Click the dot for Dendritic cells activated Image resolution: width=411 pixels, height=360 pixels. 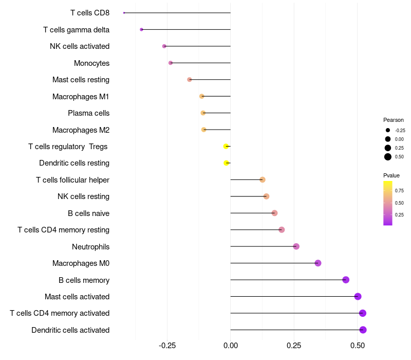click(x=363, y=330)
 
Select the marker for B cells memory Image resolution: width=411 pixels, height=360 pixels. click(x=346, y=280)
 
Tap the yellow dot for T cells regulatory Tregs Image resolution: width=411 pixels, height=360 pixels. click(x=226, y=147)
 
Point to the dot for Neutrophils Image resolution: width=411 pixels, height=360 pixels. click(x=296, y=247)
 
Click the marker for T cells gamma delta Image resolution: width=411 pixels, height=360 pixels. click(x=141, y=30)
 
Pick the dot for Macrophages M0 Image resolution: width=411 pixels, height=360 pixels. click(x=317, y=263)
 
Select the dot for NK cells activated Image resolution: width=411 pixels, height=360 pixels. click(x=164, y=46)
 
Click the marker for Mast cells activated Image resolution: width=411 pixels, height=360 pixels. click(x=358, y=297)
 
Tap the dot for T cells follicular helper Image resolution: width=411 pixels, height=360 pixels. click(x=263, y=180)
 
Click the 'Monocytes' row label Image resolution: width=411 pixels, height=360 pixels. click(x=91, y=63)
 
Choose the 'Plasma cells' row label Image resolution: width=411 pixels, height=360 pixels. click(x=88, y=113)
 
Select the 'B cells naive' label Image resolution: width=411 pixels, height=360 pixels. click(x=88, y=213)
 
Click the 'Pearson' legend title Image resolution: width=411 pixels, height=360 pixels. click(x=393, y=120)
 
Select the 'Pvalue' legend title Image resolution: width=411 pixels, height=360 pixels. click(x=391, y=175)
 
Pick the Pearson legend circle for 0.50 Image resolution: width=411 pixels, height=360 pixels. click(x=388, y=157)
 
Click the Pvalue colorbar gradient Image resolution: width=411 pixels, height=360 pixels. click(x=388, y=203)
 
